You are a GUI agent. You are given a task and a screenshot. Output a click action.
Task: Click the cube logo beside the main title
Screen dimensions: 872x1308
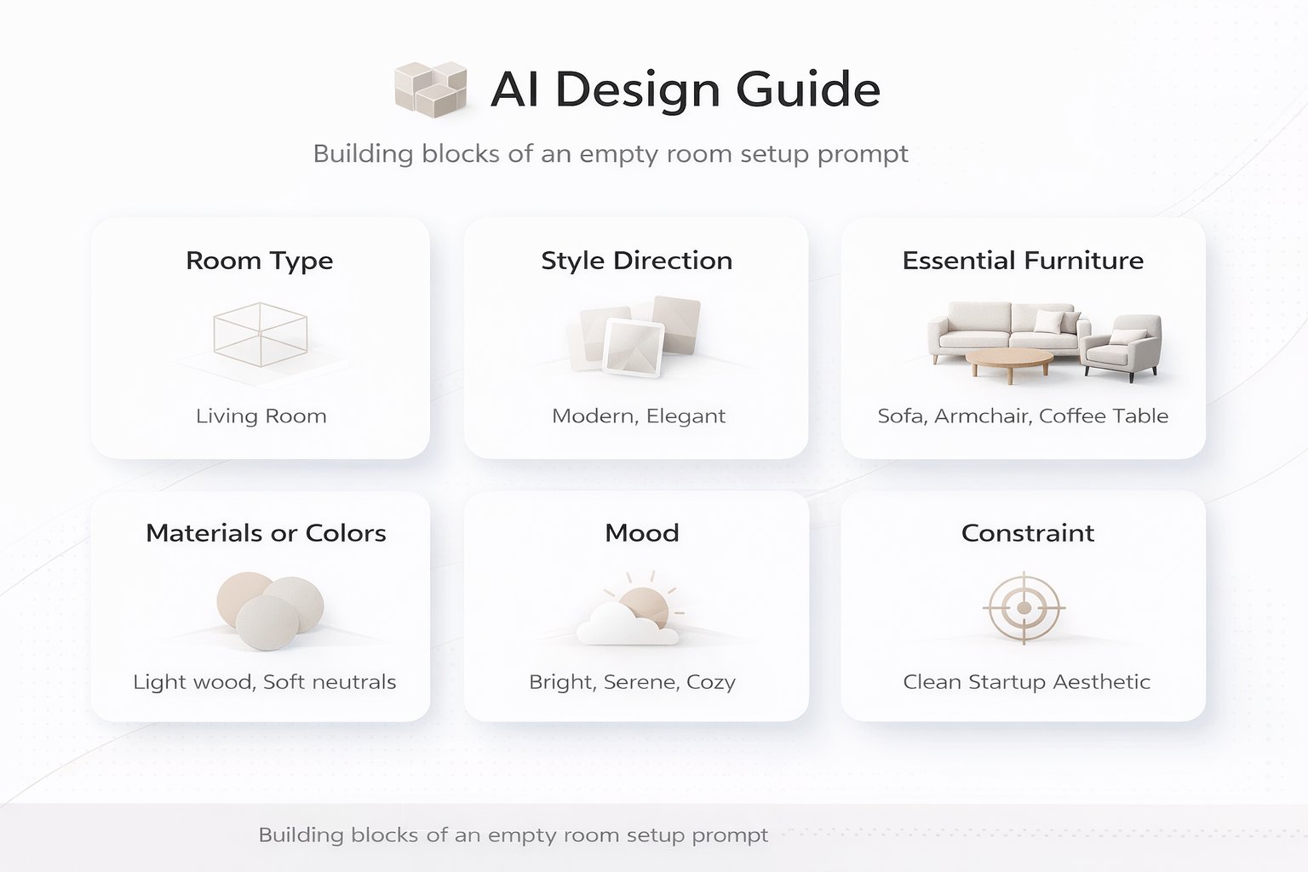pos(431,88)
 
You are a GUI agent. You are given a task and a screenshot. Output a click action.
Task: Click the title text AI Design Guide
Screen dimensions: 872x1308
pos(686,89)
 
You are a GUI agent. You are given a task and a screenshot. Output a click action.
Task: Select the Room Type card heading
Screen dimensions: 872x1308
pos(260,261)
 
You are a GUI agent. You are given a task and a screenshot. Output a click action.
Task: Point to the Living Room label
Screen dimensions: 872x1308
pos(261,416)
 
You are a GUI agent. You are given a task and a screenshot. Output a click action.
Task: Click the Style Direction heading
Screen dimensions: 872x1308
pos(637,261)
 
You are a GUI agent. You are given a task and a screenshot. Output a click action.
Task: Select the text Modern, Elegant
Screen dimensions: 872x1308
pos(639,416)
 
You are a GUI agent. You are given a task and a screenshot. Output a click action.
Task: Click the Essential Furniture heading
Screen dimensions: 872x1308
pos(1023,261)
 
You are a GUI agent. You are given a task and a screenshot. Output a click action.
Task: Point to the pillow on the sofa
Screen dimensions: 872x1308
pos(1049,322)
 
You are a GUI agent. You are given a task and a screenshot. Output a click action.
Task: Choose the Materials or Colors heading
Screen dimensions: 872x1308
pos(266,533)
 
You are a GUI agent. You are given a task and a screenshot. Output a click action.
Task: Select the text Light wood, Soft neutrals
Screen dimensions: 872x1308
pos(265,682)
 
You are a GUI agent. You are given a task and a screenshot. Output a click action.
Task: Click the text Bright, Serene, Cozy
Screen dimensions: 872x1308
pos(632,682)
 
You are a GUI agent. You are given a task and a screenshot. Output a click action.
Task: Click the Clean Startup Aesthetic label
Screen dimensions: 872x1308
pos(1026,682)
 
